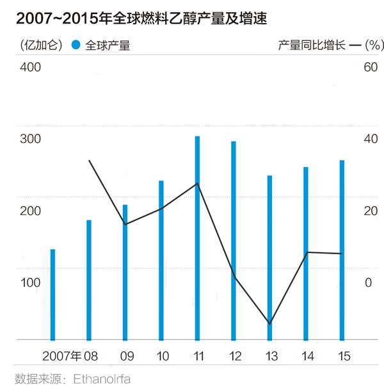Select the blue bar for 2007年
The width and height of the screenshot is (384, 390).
[x=52, y=295]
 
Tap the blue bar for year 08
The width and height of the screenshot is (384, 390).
[x=89, y=280]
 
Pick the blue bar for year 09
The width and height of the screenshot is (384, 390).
[x=125, y=272]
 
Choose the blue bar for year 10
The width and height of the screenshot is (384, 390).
[x=161, y=260]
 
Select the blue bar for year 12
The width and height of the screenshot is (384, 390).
[x=234, y=241]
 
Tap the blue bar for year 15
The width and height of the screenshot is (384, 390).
[x=342, y=250]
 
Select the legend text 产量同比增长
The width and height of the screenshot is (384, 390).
[x=311, y=45]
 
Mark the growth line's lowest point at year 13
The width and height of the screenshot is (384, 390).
[x=270, y=323]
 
